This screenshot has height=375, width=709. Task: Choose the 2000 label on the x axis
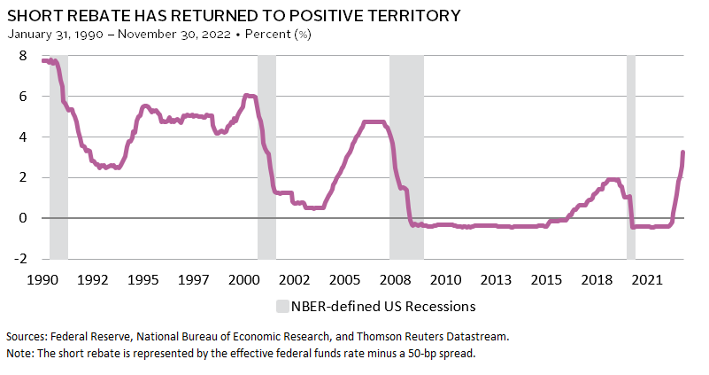pos(244,280)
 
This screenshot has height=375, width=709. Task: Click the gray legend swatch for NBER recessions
pos(282,307)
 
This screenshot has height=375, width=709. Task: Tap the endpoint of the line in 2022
pos(682,152)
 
